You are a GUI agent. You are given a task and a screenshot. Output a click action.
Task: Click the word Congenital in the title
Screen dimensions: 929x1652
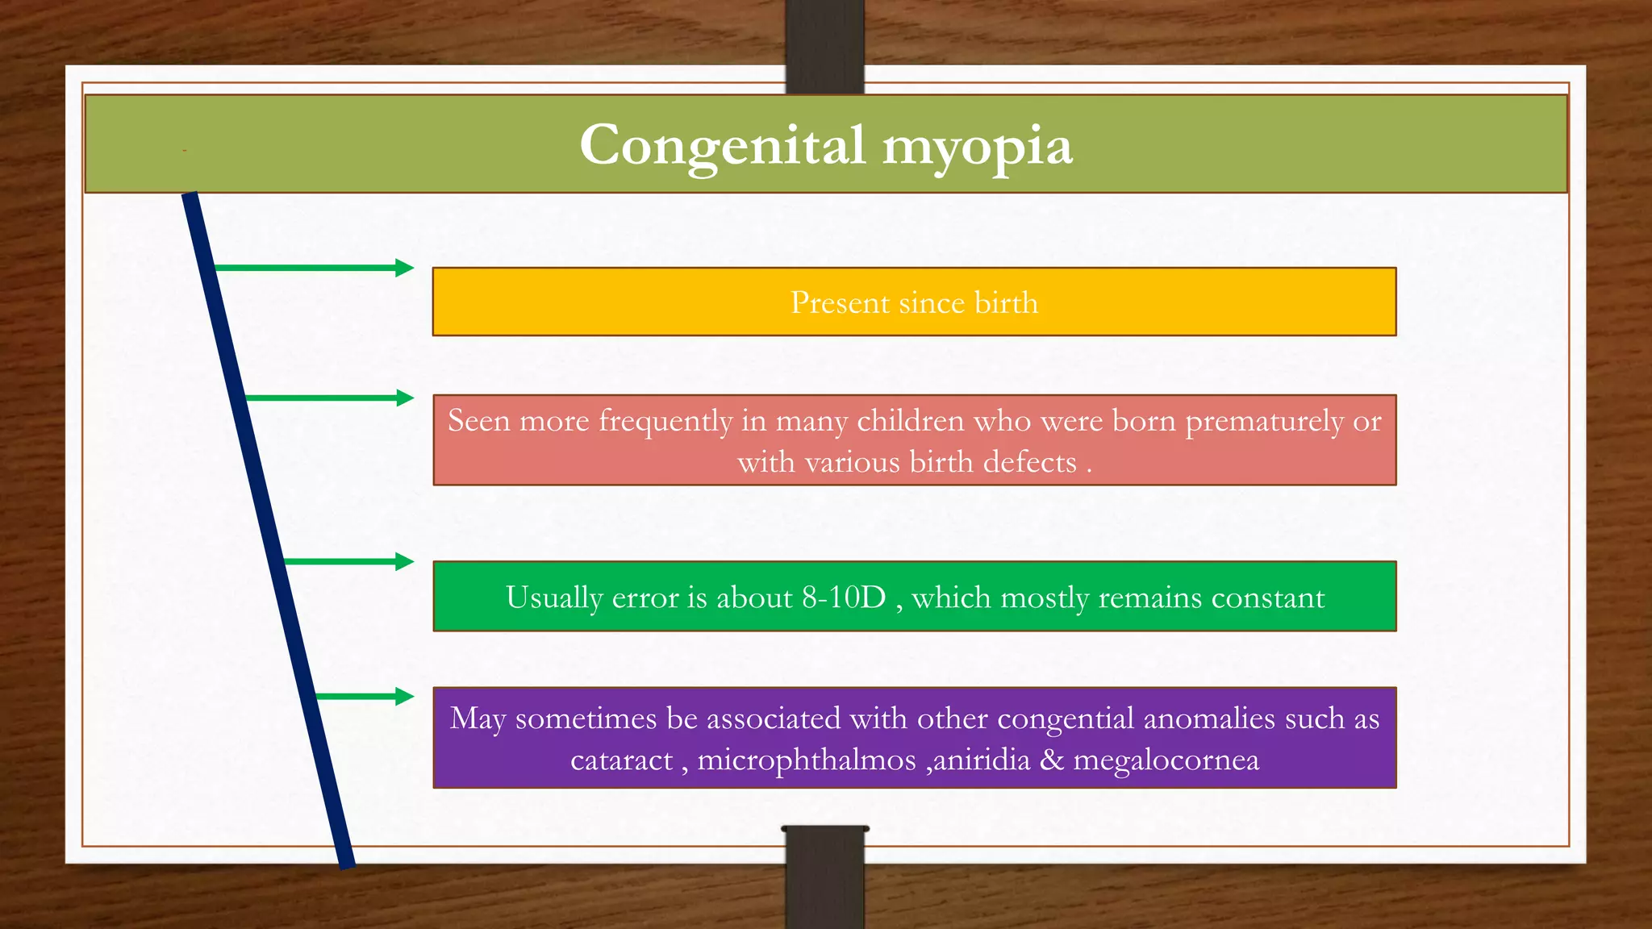[x=723, y=146]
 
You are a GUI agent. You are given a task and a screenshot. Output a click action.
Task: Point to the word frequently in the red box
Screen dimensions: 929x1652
[x=665, y=422]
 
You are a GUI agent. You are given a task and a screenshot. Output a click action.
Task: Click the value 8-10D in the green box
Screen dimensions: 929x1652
[x=844, y=598]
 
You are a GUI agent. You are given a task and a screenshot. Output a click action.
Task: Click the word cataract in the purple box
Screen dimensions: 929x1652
[x=621, y=760]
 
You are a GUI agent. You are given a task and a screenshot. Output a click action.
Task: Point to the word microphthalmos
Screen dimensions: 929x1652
[x=807, y=760]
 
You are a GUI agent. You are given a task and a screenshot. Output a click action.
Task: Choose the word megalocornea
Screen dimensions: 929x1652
[x=1166, y=760]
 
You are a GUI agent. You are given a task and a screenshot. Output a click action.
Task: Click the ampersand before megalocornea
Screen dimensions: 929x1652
[x=1052, y=760]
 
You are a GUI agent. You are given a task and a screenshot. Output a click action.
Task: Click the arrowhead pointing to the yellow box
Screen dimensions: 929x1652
[x=404, y=268]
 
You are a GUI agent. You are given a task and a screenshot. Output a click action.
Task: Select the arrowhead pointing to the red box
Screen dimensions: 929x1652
[x=404, y=398]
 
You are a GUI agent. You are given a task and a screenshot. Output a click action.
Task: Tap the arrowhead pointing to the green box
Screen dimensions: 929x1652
[x=404, y=561]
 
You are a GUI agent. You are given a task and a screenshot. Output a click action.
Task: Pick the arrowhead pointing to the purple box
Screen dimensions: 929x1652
[x=404, y=696]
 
